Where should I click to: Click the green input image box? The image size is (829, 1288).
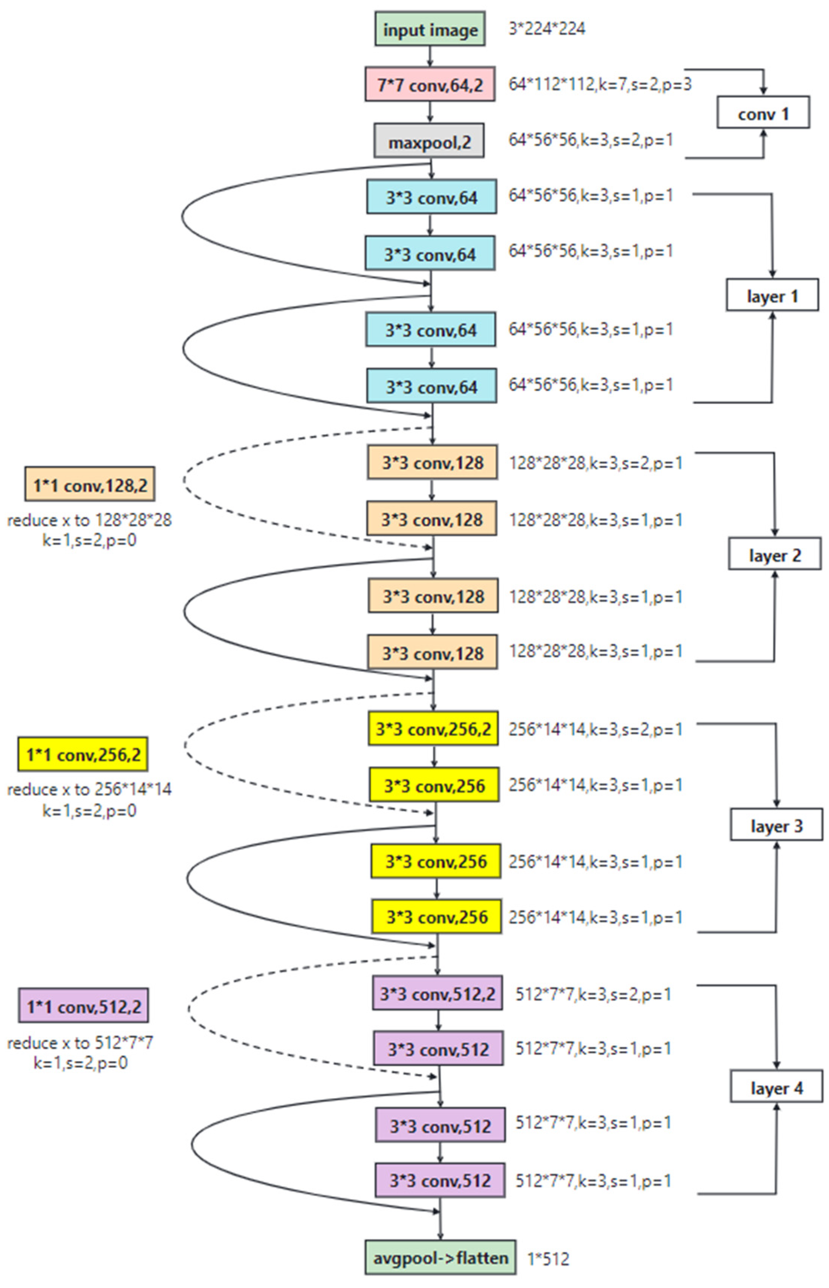(x=430, y=29)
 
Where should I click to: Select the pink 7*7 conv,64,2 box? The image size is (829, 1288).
(x=430, y=84)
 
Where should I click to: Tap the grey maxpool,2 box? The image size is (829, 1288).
(x=429, y=141)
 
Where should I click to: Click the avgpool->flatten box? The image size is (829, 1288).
(x=441, y=1257)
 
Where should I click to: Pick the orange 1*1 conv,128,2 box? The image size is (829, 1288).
(x=90, y=484)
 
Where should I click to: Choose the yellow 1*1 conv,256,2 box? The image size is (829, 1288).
(x=83, y=754)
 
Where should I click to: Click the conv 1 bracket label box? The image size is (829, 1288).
(x=763, y=113)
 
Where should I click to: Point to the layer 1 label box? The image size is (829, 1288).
(x=772, y=295)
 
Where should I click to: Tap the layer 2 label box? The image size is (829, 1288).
(x=775, y=554)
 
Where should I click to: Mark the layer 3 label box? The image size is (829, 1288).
(x=776, y=824)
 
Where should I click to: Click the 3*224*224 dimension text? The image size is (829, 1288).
(x=547, y=29)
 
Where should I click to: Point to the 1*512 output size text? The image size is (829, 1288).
(x=548, y=1258)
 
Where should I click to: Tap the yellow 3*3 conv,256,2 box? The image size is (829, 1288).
(x=433, y=729)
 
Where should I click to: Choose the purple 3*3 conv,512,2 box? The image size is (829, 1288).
(x=437, y=992)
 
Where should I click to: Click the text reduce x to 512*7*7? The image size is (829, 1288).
(x=80, y=1043)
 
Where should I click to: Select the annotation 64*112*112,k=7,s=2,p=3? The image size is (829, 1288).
(x=600, y=84)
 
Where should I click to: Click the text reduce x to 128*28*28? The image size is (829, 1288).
(x=89, y=520)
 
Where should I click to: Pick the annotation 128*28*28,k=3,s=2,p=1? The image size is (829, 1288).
(x=595, y=463)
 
